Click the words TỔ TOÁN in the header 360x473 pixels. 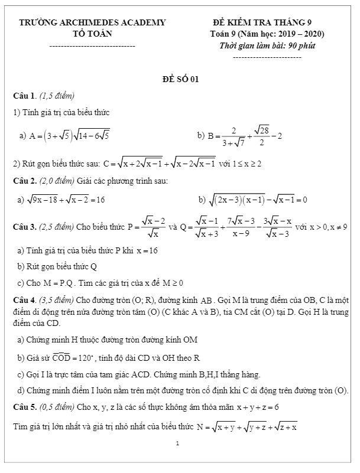tap(93, 33)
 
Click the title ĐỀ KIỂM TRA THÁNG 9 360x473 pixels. tap(268, 22)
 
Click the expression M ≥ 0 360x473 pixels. tap(167, 282)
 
